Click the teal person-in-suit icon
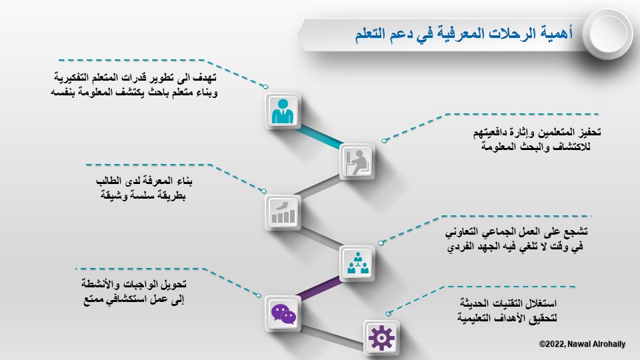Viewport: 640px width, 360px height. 283,111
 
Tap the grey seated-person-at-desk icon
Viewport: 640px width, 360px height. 357,162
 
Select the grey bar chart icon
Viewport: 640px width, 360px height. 283,212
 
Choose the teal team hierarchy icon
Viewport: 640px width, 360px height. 357,263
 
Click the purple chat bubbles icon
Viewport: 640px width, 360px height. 283,314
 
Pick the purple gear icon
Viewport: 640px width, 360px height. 381,337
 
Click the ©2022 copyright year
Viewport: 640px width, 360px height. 552,344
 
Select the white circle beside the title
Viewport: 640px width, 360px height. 607,34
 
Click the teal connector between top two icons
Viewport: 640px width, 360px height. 319,136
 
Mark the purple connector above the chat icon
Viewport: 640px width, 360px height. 319,287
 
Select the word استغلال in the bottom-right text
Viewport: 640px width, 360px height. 541,303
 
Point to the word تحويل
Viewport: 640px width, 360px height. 174,284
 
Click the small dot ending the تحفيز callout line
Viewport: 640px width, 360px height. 384,141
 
